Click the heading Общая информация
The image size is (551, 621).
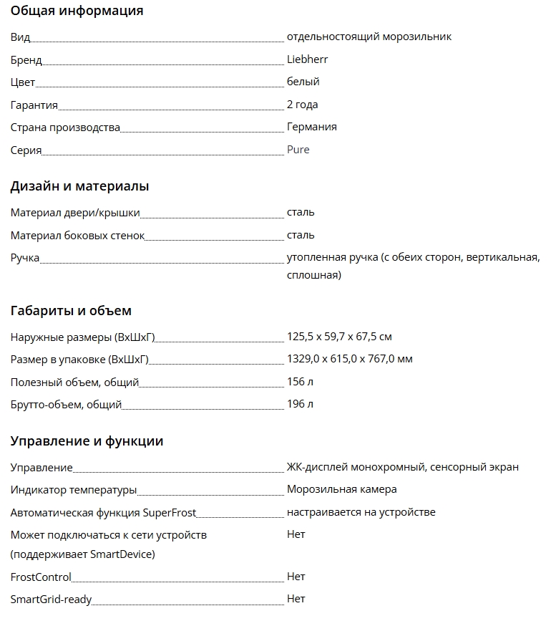point(77,11)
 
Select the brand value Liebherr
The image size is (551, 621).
point(307,59)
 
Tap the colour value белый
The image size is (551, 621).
point(303,82)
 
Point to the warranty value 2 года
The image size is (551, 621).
point(302,105)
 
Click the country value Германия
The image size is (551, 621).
point(311,127)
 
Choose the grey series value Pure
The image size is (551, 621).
point(298,150)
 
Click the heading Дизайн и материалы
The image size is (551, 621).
point(79,186)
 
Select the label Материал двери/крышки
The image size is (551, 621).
point(75,213)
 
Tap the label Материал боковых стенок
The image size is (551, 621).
point(77,236)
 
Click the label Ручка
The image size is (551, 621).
point(25,258)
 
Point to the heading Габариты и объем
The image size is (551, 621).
point(71,311)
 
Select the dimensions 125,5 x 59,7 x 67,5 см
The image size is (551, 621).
point(339,337)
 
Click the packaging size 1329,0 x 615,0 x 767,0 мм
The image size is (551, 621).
point(349,359)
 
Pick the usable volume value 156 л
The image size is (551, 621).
point(300,382)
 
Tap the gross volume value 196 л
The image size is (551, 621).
point(300,404)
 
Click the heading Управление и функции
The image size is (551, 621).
point(87,441)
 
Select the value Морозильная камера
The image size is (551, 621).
point(341,489)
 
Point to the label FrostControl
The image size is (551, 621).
point(41,577)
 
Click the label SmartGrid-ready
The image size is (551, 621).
point(51,600)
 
